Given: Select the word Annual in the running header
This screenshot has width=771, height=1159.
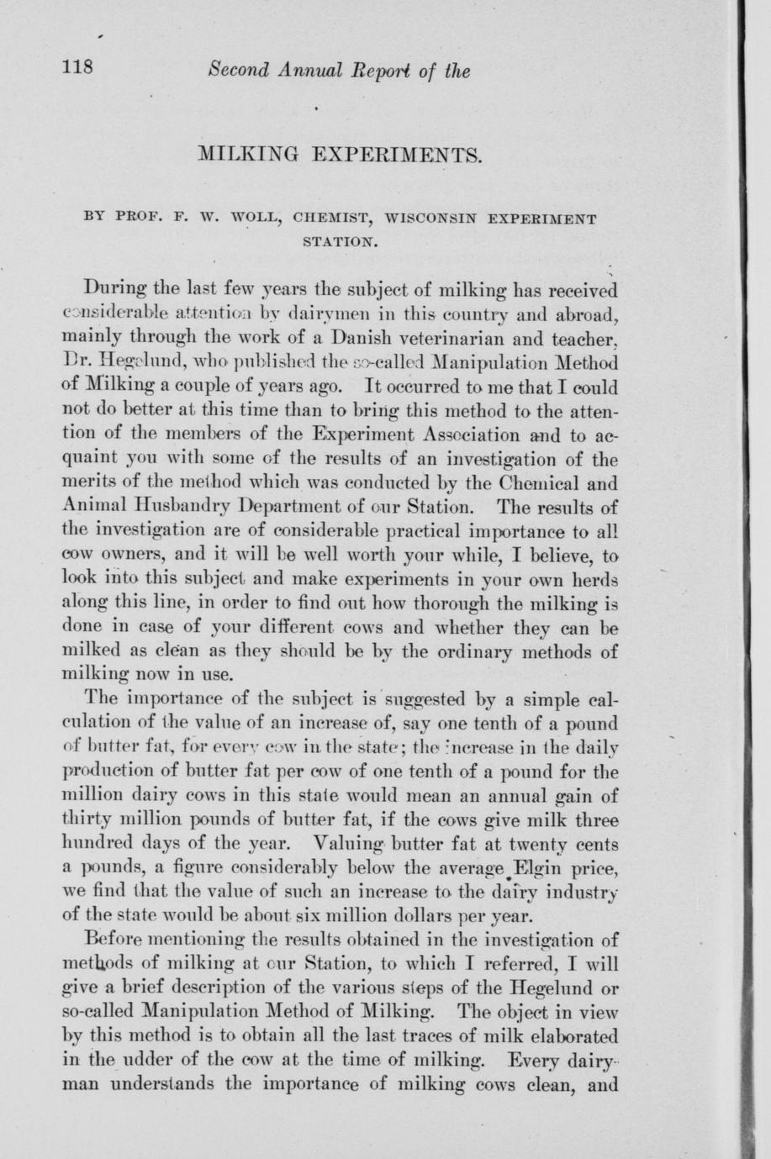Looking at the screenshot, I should pos(309,71).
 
